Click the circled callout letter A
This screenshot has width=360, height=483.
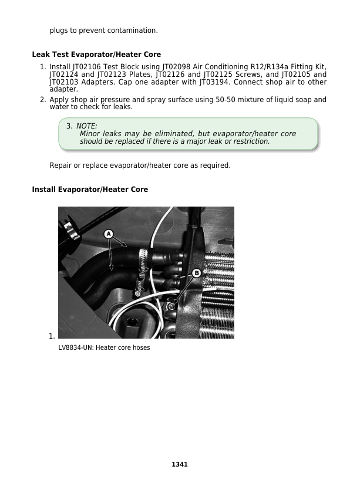(109, 234)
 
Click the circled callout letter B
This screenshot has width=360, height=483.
(196, 273)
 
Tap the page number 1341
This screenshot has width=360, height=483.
(180, 464)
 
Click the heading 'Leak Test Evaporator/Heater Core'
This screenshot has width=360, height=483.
(96, 55)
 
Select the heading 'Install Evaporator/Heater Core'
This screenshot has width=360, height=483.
(90, 190)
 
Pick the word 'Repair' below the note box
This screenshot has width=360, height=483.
(60, 165)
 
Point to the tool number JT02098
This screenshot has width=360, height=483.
(177, 67)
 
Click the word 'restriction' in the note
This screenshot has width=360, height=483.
(251, 141)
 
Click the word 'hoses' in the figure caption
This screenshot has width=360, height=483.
(141, 348)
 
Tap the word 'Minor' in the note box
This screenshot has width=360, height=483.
(90, 134)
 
